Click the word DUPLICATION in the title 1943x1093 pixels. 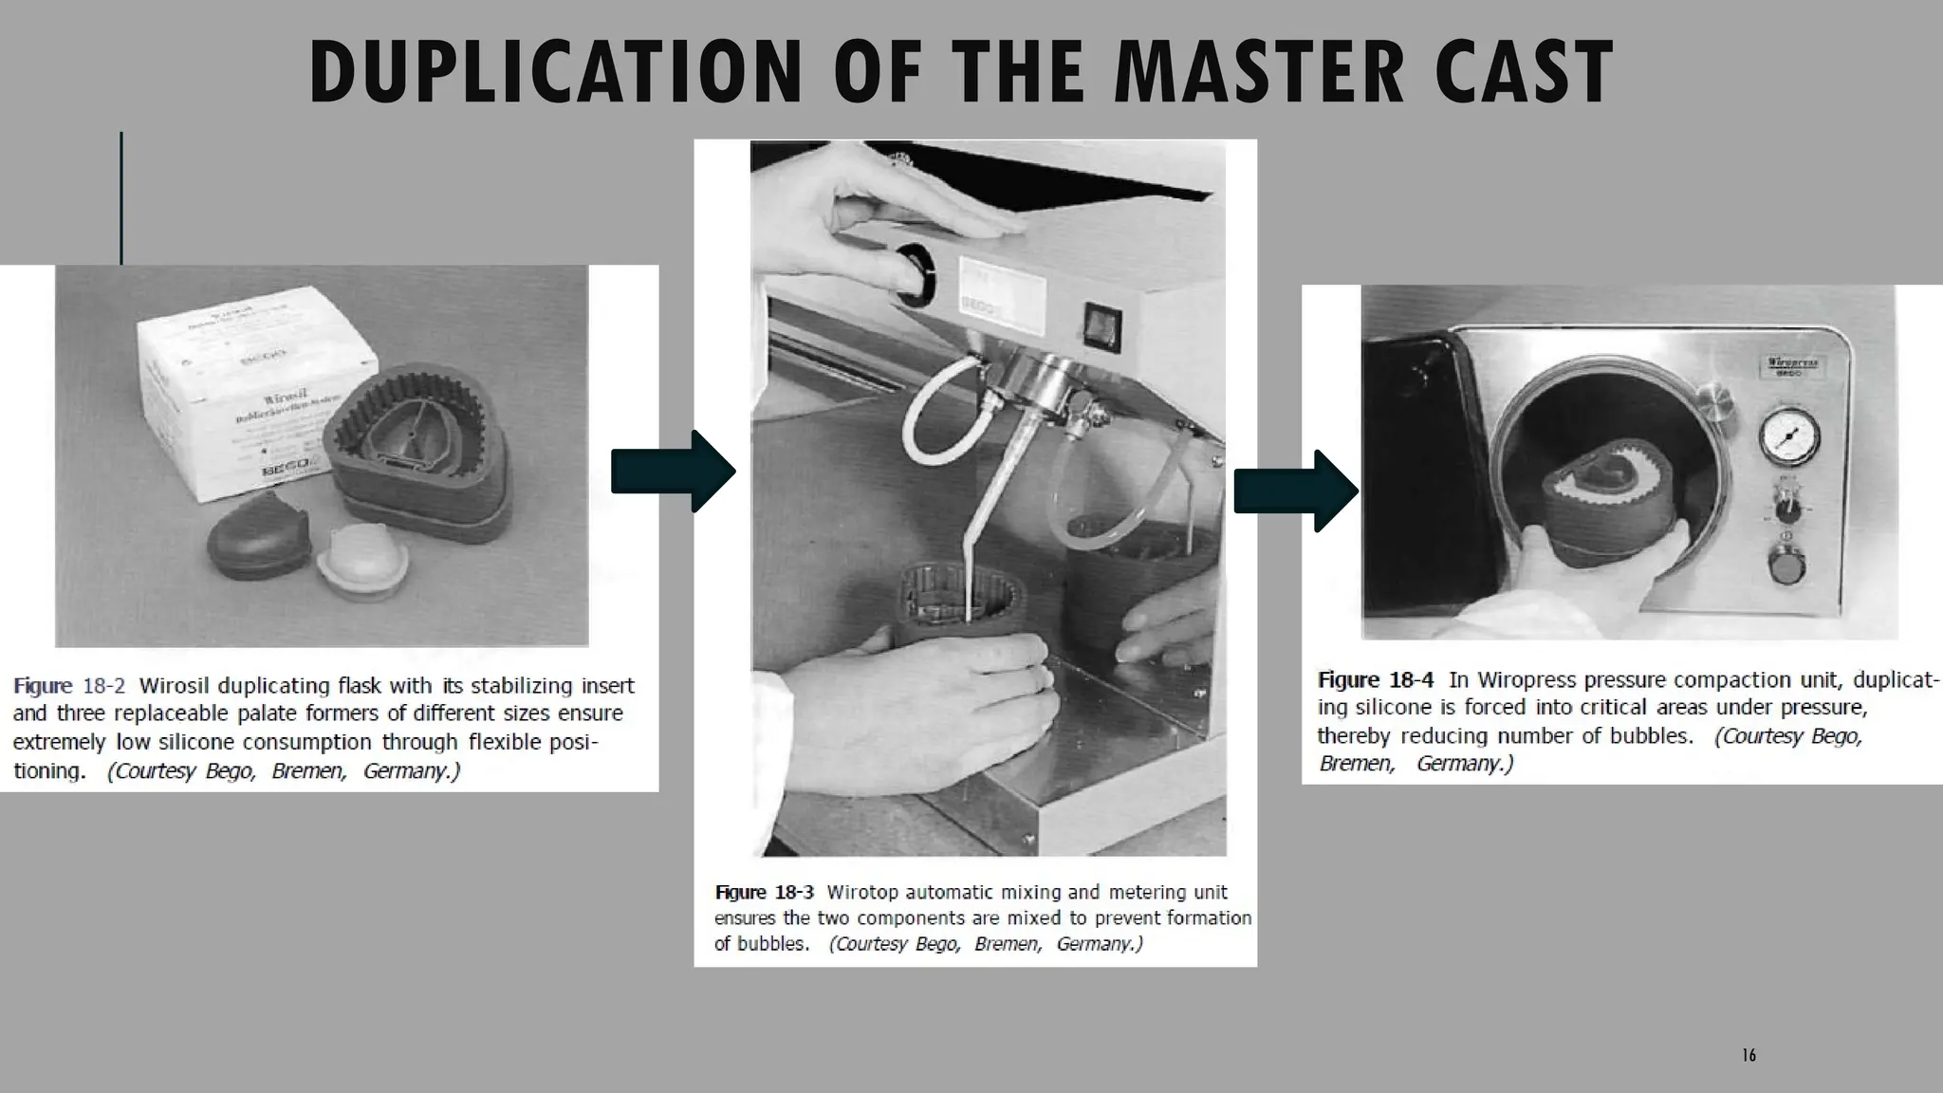pyautogui.click(x=555, y=73)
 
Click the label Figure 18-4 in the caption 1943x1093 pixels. pyautogui.click(x=1375, y=680)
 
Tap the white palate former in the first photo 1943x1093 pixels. pyautogui.click(x=362, y=564)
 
